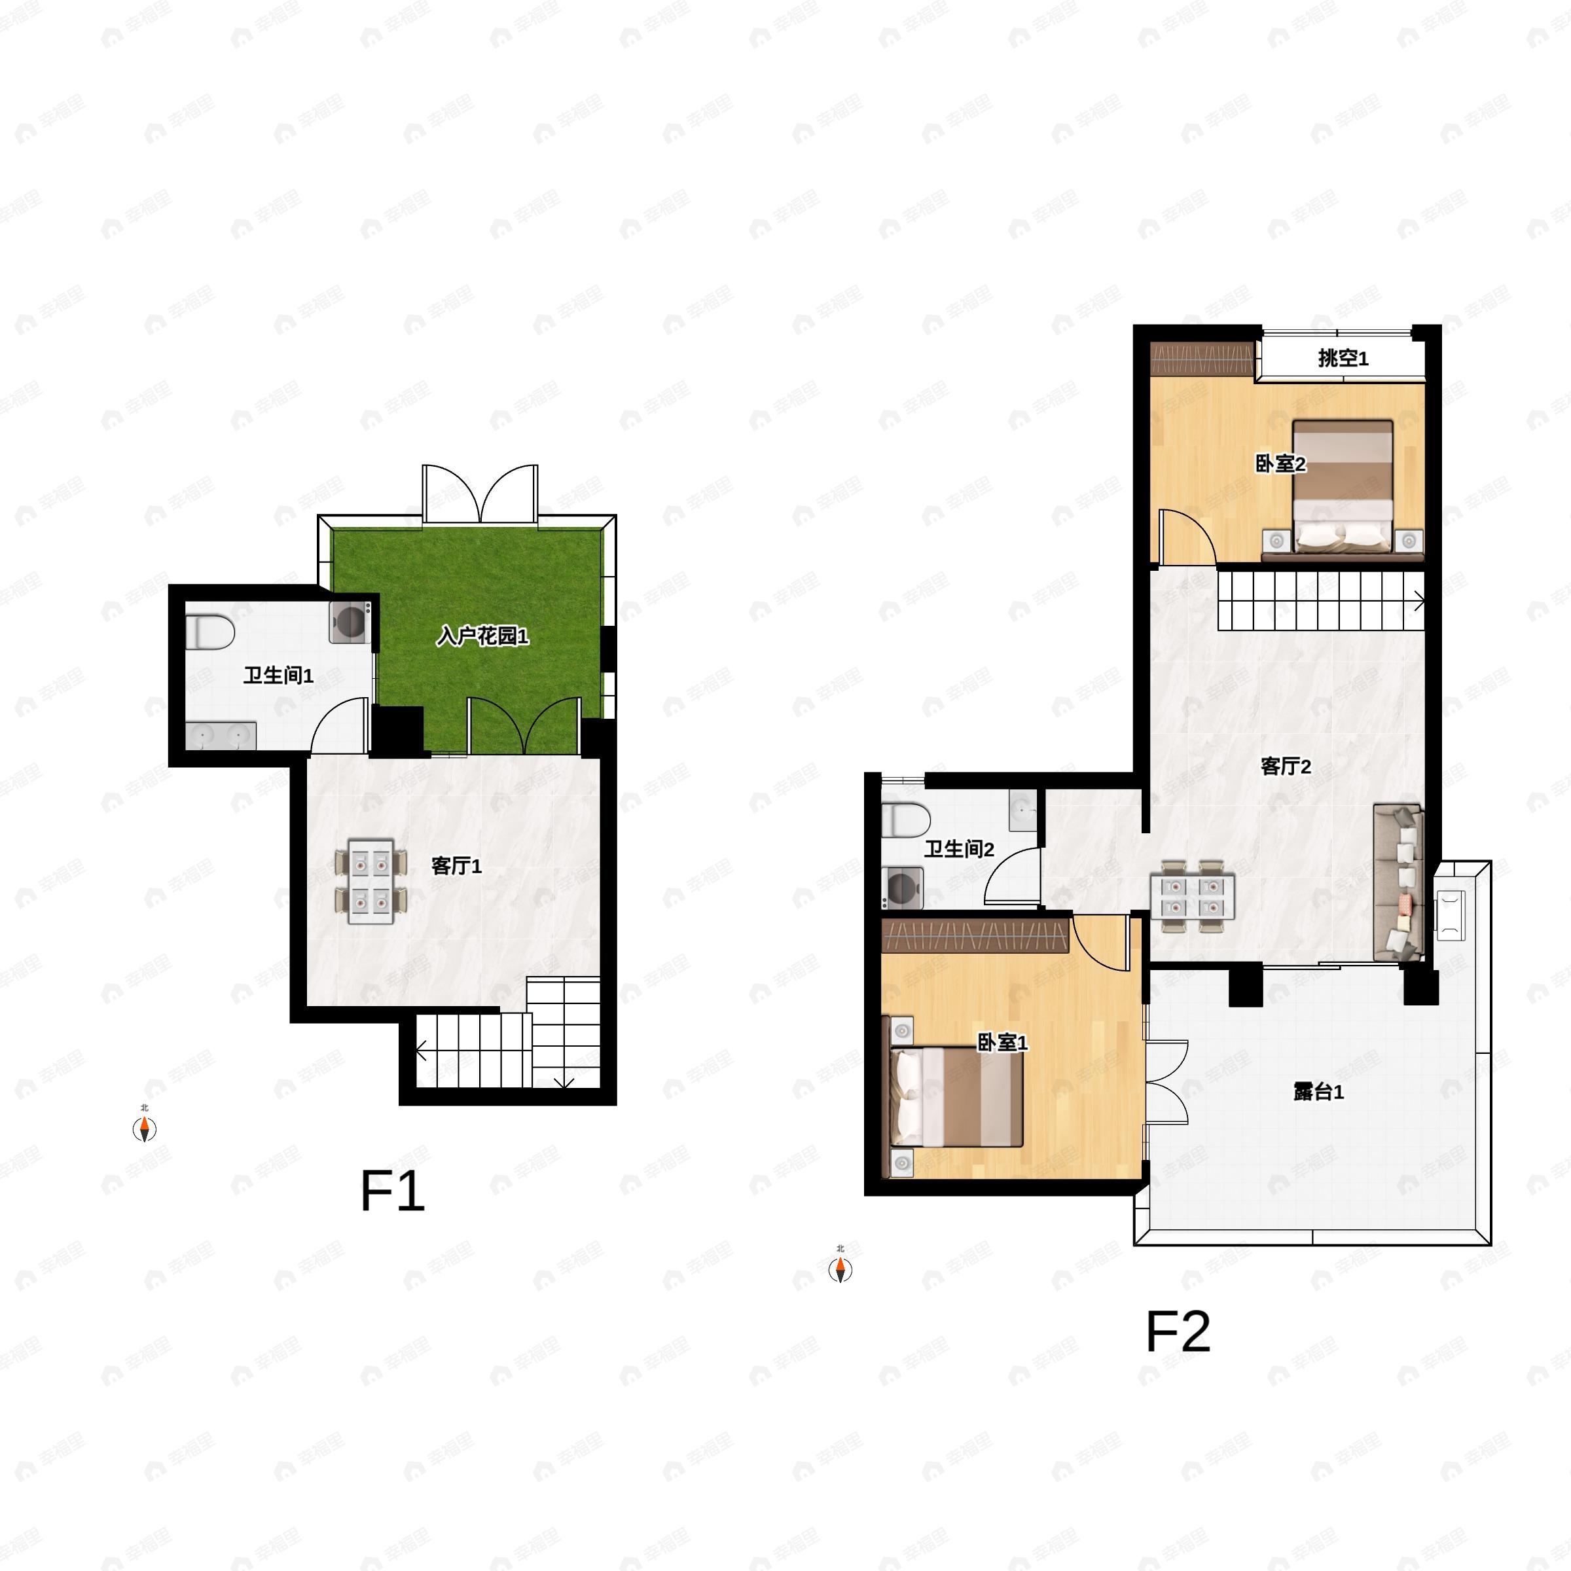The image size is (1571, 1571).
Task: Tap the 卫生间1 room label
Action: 278,675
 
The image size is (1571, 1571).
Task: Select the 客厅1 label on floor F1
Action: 456,866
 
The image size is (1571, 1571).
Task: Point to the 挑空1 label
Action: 1343,358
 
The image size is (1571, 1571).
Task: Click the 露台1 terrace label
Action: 1318,1092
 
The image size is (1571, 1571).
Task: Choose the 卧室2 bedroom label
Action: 1281,463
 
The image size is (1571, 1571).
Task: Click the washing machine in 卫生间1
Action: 350,622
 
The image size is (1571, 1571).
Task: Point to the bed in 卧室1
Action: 956,1097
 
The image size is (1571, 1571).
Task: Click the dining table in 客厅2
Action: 1192,896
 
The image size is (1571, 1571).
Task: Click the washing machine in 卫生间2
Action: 903,887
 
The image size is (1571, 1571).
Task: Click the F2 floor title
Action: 1178,1332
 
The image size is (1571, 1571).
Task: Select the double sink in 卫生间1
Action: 221,735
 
